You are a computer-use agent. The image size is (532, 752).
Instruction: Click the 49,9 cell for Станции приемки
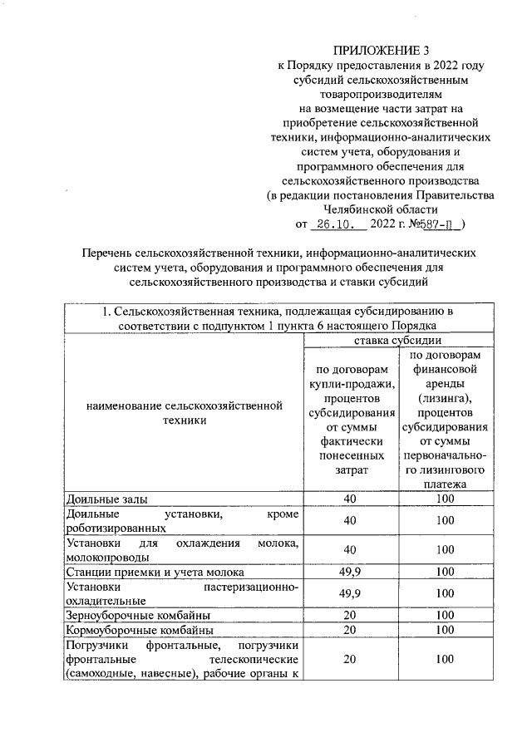(x=349, y=572)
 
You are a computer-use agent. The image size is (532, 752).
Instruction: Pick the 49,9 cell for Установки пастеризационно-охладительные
(x=349, y=593)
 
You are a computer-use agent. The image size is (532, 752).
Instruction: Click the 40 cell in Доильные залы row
(x=349, y=499)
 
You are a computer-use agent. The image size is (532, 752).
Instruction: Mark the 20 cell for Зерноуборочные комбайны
(x=349, y=615)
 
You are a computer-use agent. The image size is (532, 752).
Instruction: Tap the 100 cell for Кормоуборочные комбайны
(x=444, y=629)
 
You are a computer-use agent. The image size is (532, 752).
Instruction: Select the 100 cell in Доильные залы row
(x=444, y=499)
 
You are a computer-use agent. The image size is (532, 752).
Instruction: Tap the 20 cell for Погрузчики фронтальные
(x=349, y=658)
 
